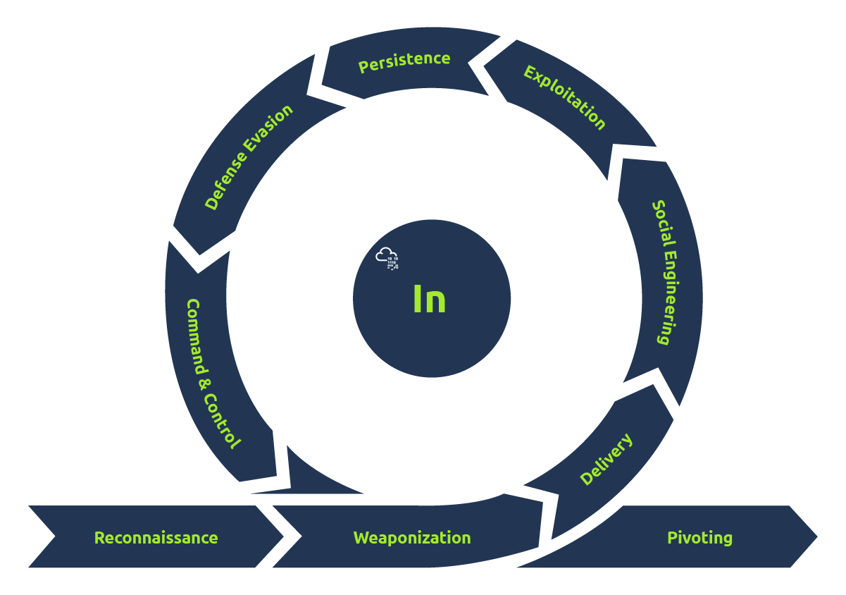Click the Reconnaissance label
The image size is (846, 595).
(x=156, y=538)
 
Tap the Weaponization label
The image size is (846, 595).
(x=412, y=538)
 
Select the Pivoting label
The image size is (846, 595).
(x=699, y=538)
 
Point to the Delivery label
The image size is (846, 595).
(x=606, y=460)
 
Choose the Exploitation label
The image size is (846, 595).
(x=564, y=97)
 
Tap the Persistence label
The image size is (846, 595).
(x=404, y=61)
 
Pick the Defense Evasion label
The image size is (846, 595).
(x=248, y=157)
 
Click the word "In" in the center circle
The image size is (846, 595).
(x=429, y=300)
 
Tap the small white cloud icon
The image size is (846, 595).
(x=387, y=257)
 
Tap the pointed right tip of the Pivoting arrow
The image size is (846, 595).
(x=816, y=537)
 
